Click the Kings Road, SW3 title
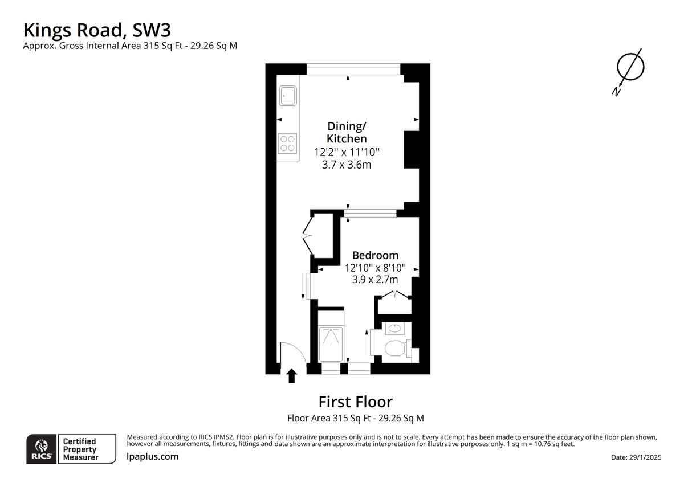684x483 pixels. click(x=97, y=31)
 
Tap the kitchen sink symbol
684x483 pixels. click(x=288, y=96)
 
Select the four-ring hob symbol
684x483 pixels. click(x=287, y=144)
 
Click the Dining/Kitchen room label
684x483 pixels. click(x=347, y=132)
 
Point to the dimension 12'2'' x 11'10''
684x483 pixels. click(x=347, y=152)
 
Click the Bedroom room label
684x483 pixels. click(x=375, y=255)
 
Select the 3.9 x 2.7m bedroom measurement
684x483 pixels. click(x=375, y=279)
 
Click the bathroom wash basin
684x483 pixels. click(x=395, y=328)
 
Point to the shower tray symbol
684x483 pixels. click(x=331, y=344)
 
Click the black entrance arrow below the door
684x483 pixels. click(x=292, y=375)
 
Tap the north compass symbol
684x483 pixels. click(x=629, y=71)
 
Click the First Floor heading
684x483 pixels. click(x=356, y=402)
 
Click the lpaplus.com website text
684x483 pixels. click(x=152, y=456)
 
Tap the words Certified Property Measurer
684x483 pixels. click(x=80, y=449)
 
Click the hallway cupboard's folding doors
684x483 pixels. click(x=308, y=236)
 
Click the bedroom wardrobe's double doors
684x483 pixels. click(x=395, y=295)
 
